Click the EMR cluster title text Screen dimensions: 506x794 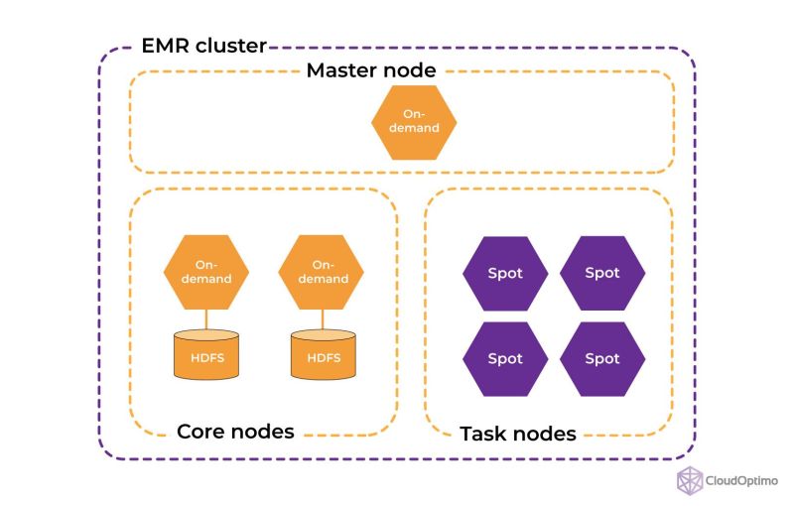tap(204, 46)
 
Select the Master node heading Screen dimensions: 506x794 tap(370, 71)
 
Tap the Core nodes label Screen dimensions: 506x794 tap(235, 432)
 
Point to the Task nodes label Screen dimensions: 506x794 tap(517, 434)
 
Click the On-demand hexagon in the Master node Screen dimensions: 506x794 tap(413, 122)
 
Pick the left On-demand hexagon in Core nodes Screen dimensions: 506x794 tap(205, 271)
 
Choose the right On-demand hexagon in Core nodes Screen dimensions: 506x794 tap(323, 271)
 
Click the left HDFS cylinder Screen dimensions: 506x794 tap(205, 355)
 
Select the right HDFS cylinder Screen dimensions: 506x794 tap(323, 355)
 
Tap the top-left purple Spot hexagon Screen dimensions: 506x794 tap(504, 273)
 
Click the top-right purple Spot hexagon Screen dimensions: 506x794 tap(601, 273)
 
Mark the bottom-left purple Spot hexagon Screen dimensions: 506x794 tap(504, 358)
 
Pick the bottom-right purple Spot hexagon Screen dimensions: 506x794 tap(601, 358)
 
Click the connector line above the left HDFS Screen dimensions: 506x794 tap(205, 318)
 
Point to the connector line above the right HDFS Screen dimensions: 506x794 tap(323, 318)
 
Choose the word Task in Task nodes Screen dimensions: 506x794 tap(483, 434)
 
